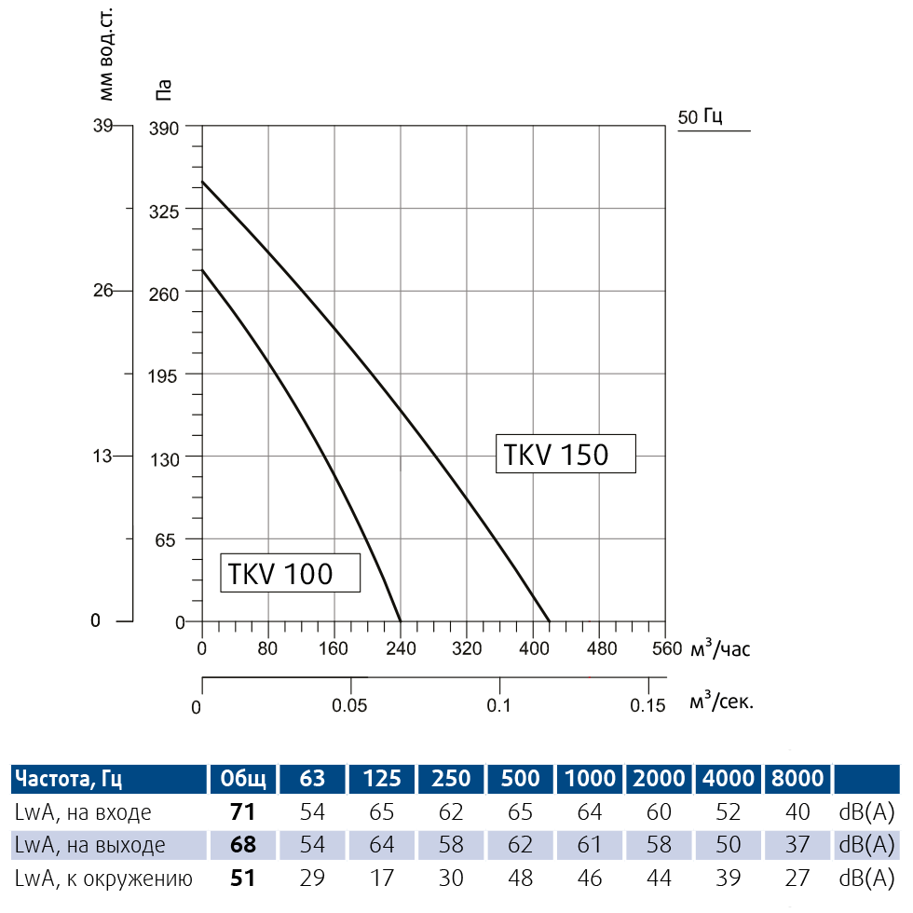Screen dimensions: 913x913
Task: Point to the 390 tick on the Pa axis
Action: (164, 127)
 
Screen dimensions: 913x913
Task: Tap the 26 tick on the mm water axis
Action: (102, 291)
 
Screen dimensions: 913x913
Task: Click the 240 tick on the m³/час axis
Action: (400, 649)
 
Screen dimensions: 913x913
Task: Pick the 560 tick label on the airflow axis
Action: (666, 649)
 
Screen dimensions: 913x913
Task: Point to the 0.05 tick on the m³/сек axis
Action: (350, 705)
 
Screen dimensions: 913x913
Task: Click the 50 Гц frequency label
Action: (701, 117)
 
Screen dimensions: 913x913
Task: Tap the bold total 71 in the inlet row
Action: (242, 812)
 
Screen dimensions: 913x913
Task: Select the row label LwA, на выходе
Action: (90, 845)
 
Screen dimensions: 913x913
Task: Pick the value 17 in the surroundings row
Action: (382, 878)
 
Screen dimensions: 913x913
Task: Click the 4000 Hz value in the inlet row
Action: (729, 812)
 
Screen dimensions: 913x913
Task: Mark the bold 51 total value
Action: (242, 878)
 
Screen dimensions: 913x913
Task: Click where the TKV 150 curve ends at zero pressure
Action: (550, 621)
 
